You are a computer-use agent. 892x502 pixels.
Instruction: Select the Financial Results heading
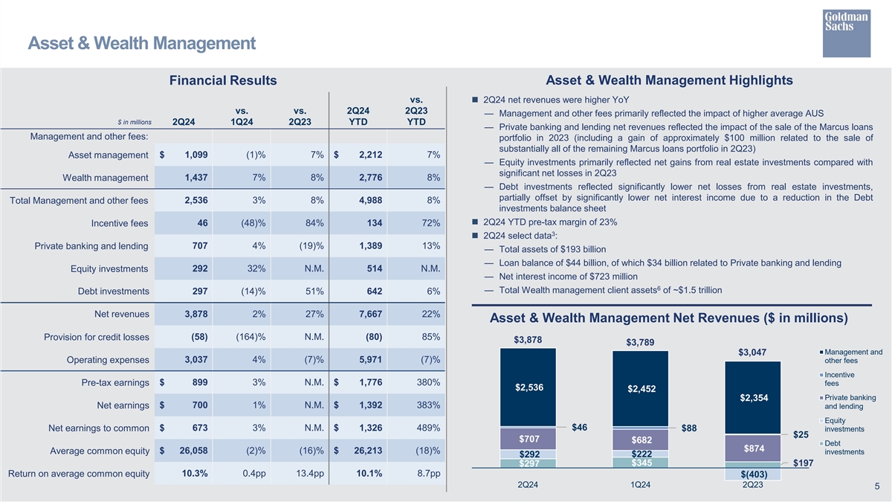point(223,80)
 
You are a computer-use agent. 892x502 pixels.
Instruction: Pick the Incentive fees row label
point(119,224)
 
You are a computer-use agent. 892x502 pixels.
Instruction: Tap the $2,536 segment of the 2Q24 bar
point(529,387)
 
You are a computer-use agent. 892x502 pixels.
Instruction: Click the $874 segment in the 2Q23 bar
point(752,448)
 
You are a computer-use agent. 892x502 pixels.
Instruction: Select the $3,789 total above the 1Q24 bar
point(640,343)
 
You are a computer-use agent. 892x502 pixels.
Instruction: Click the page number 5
point(877,487)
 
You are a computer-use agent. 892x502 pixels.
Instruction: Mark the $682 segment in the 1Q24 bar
point(641,441)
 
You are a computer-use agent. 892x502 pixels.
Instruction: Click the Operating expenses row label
point(107,361)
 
